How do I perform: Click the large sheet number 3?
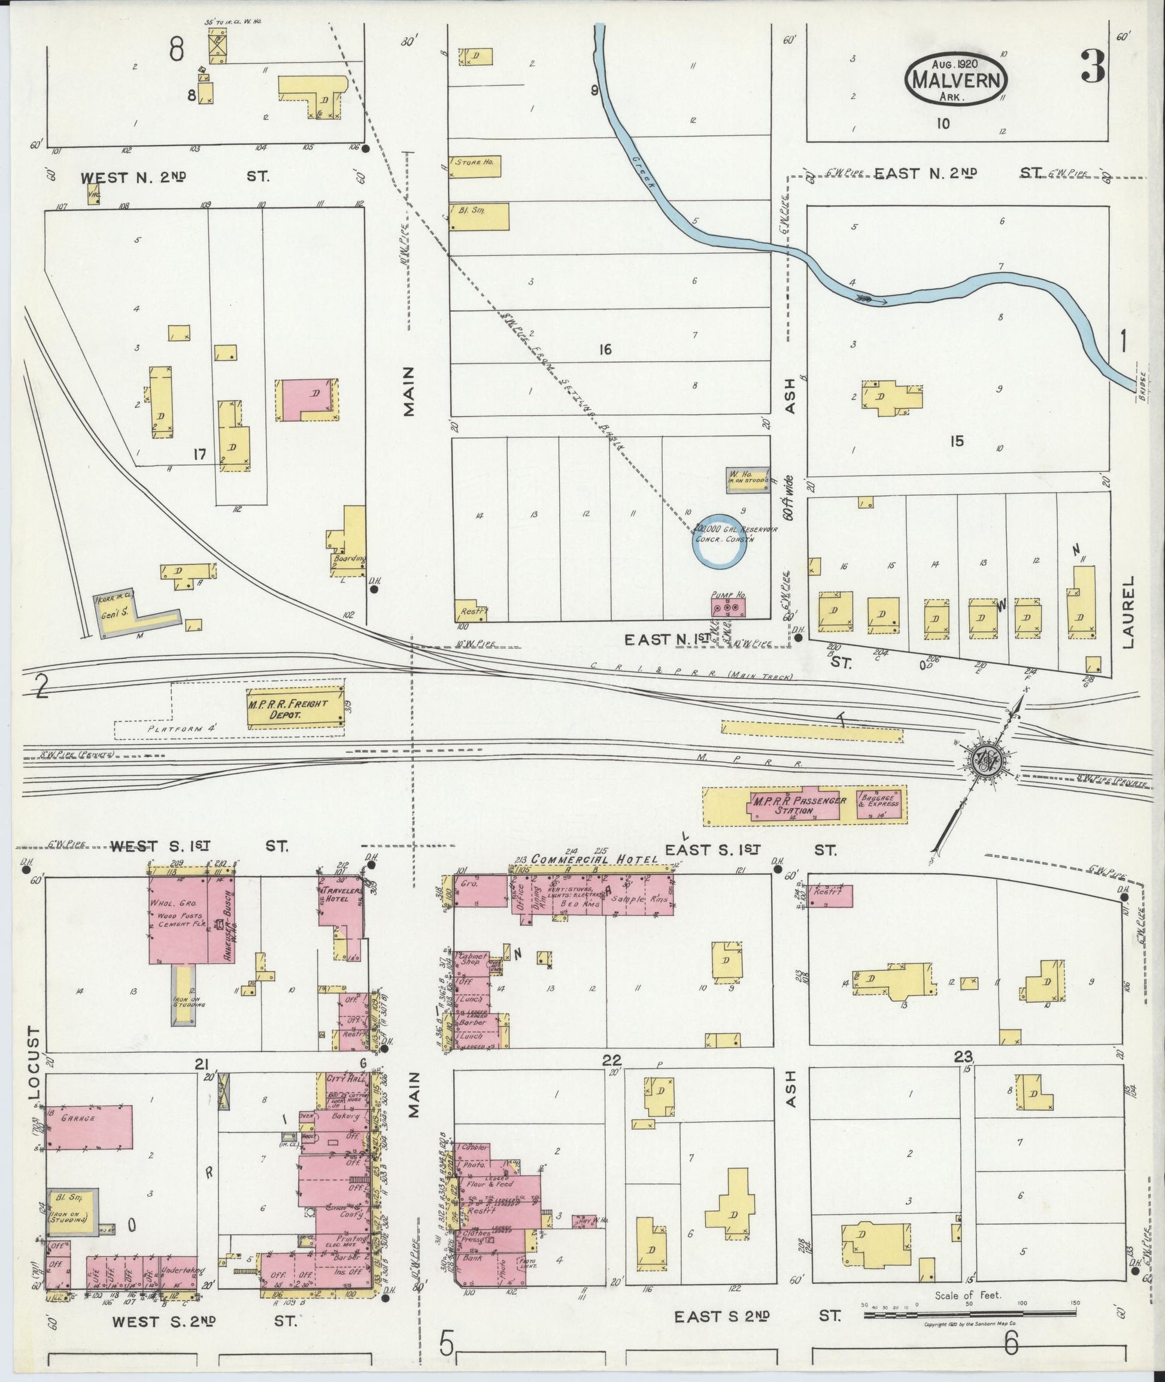point(1093,68)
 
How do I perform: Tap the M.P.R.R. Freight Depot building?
point(295,709)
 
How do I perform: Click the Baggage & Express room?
point(878,804)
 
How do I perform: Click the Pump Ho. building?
point(728,605)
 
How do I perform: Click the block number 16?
point(605,350)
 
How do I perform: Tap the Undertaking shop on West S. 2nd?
point(179,1271)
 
